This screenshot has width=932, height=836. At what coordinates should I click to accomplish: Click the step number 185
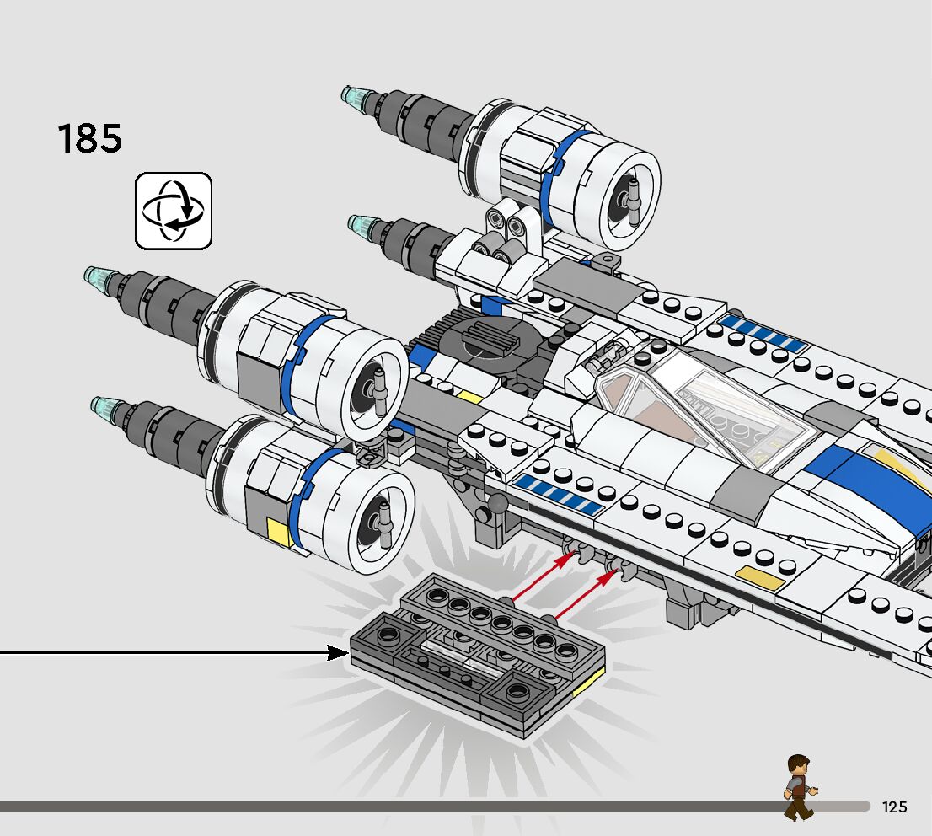click(89, 138)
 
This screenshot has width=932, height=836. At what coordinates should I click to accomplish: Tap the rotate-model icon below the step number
click(173, 211)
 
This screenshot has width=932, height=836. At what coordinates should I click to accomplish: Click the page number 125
click(894, 807)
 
